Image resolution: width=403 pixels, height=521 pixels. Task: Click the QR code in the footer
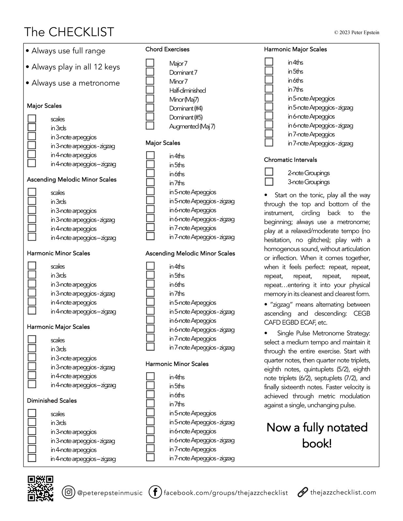pos(40,488)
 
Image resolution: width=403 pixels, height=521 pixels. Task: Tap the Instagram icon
pos(68,492)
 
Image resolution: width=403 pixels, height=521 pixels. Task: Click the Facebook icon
pos(155,492)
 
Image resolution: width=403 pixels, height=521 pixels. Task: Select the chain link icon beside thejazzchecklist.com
pos(303,492)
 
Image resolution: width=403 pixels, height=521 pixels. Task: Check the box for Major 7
pos(150,63)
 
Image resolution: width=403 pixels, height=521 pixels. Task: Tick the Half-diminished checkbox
pos(150,90)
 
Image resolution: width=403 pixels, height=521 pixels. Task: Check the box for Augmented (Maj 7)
pos(150,126)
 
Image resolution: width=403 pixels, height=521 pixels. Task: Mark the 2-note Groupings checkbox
pos(269,172)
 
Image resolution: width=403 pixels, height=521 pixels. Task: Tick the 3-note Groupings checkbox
pos(269,181)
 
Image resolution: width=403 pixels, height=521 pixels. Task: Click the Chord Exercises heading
pos(167,49)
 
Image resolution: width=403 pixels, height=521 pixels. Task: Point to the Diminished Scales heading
pos(52,401)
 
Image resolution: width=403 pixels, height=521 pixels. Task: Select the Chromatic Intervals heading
pos(290,160)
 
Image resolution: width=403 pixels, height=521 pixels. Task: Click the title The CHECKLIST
pos(69,32)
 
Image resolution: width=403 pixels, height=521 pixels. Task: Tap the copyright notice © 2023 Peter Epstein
pos(356,33)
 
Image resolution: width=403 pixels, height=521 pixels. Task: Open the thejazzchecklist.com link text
pos(343,492)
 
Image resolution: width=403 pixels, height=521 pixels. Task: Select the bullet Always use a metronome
pos(75,83)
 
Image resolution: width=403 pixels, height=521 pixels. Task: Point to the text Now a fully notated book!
pos(317,435)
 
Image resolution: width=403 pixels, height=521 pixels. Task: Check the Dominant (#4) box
pos(150,108)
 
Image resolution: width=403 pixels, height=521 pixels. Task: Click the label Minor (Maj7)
pos(184,99)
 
